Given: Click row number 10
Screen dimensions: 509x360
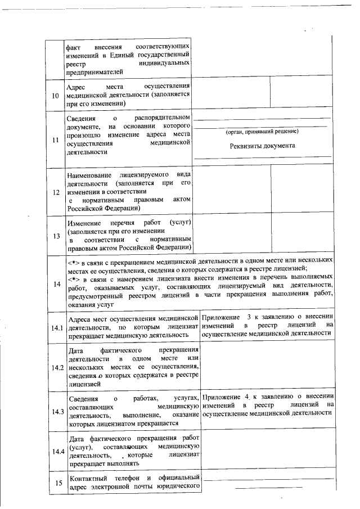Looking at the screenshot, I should point(55,96).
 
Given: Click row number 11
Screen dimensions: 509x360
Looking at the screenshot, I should point(55,140).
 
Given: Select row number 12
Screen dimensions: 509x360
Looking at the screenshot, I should point(55,192).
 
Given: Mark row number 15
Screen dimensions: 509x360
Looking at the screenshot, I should point(55,483).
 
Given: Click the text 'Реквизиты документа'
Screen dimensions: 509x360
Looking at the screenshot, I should point(262,146).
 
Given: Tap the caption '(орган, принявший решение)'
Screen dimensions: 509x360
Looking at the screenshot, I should point(262,132).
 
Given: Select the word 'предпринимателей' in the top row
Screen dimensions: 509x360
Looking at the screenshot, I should point(94,71).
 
